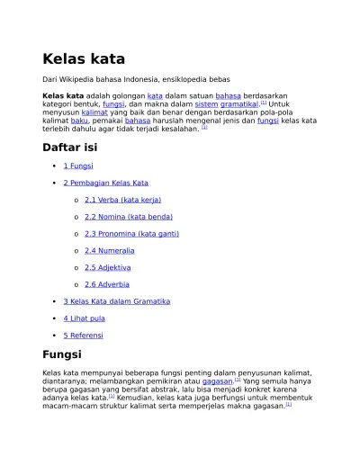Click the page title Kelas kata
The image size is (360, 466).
click(84, 59)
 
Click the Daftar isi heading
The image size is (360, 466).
click(69, 147)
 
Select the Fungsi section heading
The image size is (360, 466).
click(62, 354)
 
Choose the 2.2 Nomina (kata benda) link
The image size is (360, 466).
click(128, 217)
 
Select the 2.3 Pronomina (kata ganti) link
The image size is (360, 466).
click(131, 234)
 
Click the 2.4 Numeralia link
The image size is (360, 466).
click(109, 250)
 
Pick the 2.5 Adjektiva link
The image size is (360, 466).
click(107, 267)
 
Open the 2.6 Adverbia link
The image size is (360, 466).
click(106, 284)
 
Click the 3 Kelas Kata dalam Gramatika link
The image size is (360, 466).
click(116, 301)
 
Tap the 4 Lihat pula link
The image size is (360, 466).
click(84, 318)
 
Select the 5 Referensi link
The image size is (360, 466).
click(83, 335)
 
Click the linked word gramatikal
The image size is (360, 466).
click(239, 104)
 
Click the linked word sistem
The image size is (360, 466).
click(206, 104)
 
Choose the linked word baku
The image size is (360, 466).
click(79, 121)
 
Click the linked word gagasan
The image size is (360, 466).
click(218, 381)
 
